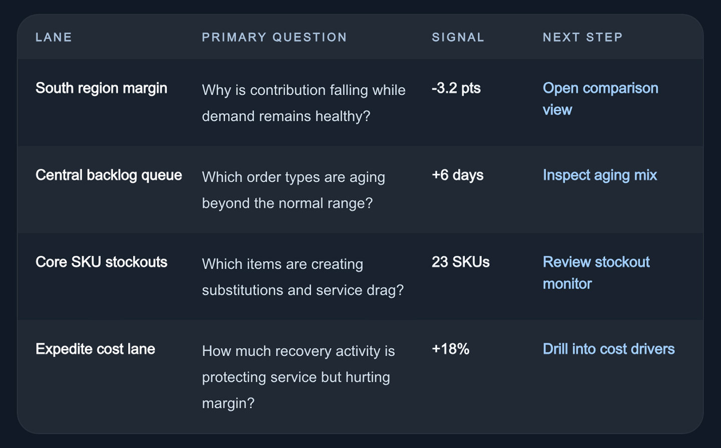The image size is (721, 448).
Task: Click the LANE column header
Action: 54,38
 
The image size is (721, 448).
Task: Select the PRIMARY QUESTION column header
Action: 274,38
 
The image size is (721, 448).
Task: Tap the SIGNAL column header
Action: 458,38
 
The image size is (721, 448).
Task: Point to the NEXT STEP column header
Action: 583,38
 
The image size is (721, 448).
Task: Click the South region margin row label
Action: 101,89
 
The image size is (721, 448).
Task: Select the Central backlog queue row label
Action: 109,175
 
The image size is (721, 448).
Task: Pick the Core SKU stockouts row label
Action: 101,262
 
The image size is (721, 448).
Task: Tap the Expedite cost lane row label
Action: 95,349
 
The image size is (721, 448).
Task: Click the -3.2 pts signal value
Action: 456,88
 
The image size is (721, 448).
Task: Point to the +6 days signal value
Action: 458,175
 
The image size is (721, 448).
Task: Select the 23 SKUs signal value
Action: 461,262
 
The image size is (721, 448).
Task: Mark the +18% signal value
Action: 450,349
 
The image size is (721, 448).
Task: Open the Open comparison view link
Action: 600,99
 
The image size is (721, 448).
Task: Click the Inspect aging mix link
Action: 600,175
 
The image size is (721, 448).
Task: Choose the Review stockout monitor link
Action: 596,273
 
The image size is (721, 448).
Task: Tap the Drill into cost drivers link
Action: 609,349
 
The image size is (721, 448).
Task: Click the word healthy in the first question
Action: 343,117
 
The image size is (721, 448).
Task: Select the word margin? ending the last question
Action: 228,403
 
